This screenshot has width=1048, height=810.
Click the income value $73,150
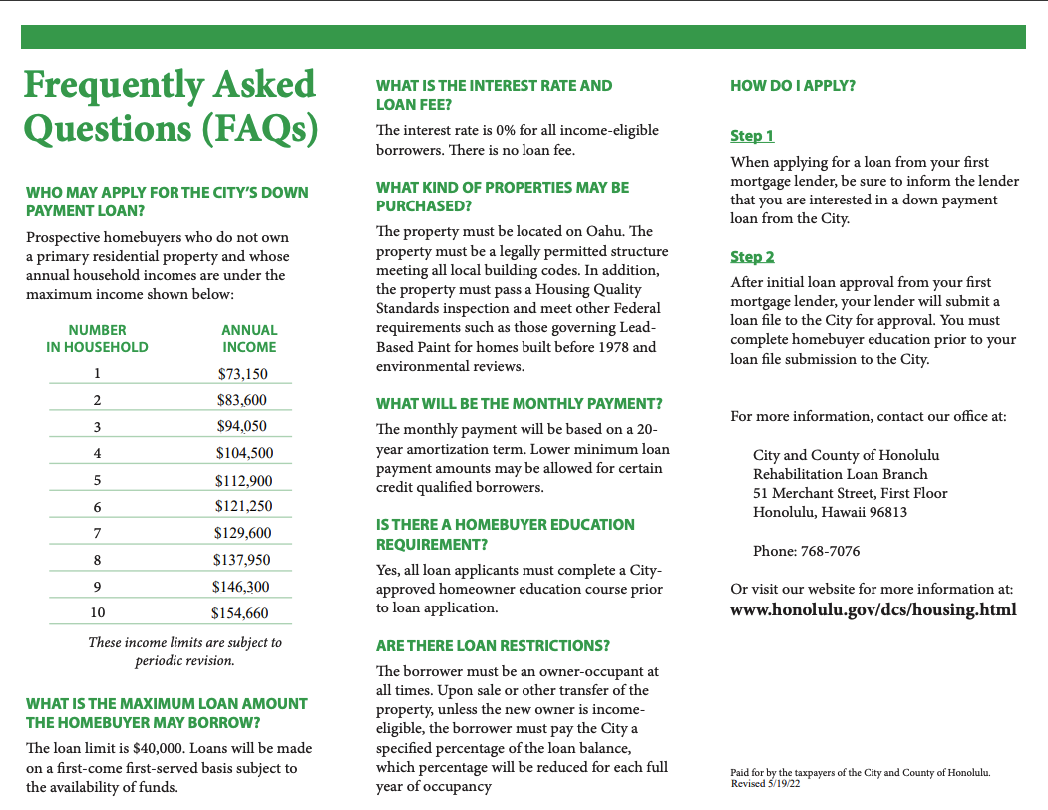pyautogui.click(x=242, y=374)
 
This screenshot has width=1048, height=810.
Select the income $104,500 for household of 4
pyautogui.click(x=244, y=453)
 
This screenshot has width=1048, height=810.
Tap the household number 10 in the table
pyautogui.click(x=98, y=612)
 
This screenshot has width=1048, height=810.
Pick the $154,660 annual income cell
pyautogui.click(x=240, y=612)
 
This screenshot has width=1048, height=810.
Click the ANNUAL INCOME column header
pyautogui.click(x=249, y=338)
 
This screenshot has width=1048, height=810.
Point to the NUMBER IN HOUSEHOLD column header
pyautogui.click(x=97, y=338)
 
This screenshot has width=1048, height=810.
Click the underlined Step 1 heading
pyautogui.click(x=752, y=136)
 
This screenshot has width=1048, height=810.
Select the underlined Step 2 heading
pyautogui.click(x=752, y=257)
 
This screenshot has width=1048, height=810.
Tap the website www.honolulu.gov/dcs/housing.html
pyautogui.click(x=873, y=609)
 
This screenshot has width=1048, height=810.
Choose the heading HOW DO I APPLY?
pyautogui.click(x=793, y=86)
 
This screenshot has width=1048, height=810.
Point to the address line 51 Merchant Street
pyautogui.click(x=850, y=493)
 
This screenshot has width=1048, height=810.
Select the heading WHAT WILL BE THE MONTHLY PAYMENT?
pyautogui.click(x=519, y=404)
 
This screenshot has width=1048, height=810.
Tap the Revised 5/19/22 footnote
pyautogui.click(x=766, y=784)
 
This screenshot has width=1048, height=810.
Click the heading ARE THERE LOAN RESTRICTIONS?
pyautogui.click(x=493, y=646)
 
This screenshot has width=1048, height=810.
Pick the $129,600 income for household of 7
pyautogui.click(x=243, y=533)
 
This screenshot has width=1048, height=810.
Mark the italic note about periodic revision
pyautogui.click(x=184, y=651)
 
